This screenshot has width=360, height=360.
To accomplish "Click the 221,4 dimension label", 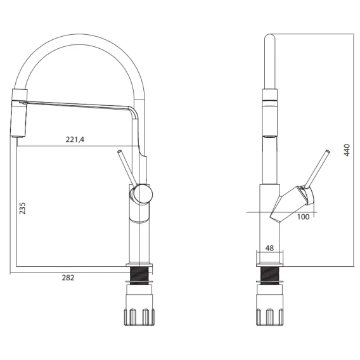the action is coord(75,139).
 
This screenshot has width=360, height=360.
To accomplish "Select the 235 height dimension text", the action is coord(22,209).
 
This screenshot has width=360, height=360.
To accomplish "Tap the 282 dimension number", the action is coord(68,278).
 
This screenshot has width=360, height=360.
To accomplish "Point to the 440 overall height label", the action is coord(347,150).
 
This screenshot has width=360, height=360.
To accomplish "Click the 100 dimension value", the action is coord(303,217).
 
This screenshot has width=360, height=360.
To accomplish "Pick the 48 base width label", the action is coord(269,248).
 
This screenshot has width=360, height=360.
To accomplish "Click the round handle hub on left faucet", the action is coord(142,195).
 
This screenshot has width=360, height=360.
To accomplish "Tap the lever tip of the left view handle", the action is coord(119,151).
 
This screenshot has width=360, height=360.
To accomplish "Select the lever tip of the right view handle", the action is coord(328,151).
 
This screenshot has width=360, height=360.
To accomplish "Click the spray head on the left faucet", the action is coord(18,113).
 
